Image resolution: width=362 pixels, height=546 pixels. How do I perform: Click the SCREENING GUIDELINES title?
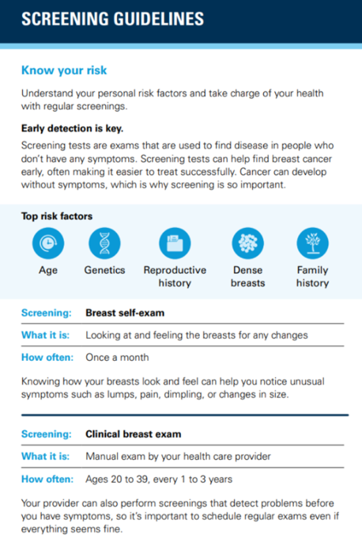[x=113, y=19]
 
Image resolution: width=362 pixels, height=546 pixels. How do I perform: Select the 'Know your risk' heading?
[x=64, y=70]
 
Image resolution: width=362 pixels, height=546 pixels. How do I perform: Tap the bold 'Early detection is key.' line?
[x=73, y=128]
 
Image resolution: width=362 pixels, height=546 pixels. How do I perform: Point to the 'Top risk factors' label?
[x=57, y=216]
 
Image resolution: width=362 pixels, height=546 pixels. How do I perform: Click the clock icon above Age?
[x=48, y=243]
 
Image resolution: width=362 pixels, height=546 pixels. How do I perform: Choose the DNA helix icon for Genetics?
[x=104, y=243]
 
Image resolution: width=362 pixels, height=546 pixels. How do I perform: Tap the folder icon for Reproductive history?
[x=175, y=243]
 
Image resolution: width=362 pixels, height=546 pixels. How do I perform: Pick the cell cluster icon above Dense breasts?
[x=248, y=243]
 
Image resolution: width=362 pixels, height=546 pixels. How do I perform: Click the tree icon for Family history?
[x=312, y=243]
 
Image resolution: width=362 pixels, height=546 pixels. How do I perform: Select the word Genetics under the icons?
[x=104, y=270]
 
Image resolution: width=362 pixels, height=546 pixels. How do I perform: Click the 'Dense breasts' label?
[x=248, y=276]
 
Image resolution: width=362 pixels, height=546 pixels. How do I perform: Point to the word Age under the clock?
[x=48, y=271]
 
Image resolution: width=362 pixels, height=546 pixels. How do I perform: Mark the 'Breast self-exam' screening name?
[x=125, y=313]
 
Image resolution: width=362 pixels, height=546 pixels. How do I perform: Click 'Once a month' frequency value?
[x=117, y=357]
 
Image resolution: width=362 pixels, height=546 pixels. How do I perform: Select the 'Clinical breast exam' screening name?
[x=134, y=434]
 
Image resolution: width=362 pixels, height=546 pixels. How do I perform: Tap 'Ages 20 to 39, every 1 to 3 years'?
[x=159, y=480]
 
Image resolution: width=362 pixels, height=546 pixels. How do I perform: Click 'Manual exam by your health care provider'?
[x=178, y=457]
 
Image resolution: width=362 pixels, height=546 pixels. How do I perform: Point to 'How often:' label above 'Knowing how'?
[x=47, y=357]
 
